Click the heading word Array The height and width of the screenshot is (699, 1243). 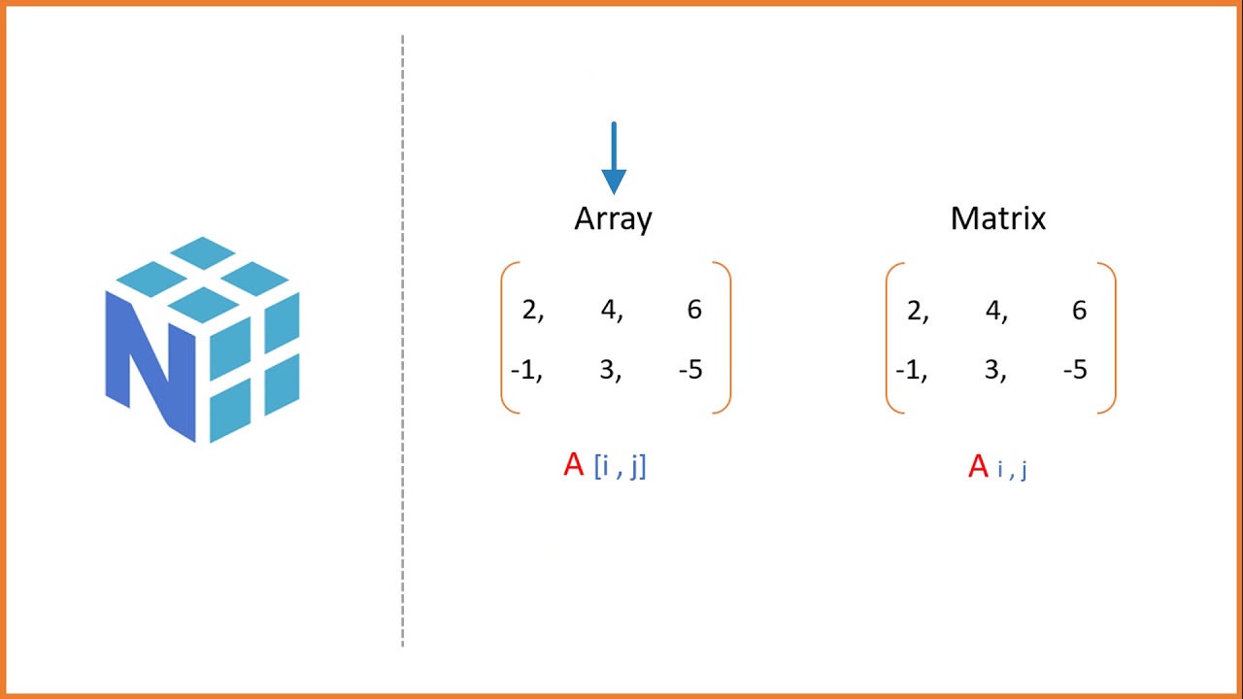click(x=613, y=219)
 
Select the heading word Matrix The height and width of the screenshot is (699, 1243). click(x=997, y=218)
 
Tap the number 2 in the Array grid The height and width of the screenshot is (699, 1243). click(x=530, y=310)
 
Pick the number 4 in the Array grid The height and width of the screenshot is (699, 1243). click(x=609, y=310)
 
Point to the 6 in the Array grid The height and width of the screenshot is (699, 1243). click(x=693, y=310)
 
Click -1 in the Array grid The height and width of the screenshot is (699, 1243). click(x=525, y=370)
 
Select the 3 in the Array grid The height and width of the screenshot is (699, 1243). click(x=609, y=370)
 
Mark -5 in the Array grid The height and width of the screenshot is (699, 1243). click(x=690, y=370)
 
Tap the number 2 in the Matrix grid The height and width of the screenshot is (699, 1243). click(x=915, y=311)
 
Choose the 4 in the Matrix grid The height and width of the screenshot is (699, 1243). click(x=993, y=311)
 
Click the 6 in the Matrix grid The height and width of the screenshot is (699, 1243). click(x=1079, y=311)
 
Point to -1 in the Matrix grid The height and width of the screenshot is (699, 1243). click(x=910, y=370)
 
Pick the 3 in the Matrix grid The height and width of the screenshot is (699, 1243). click(x=993, y=370)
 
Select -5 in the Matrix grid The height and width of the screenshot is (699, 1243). click(x=1075, y=370)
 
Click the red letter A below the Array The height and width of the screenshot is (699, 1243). click(x=574, y=465)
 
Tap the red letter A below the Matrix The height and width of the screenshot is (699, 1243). click(x=979, y=467)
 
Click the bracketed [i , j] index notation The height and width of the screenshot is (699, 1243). click(x=620, y=466)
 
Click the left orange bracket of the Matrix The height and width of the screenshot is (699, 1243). click(x=890, y=338)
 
